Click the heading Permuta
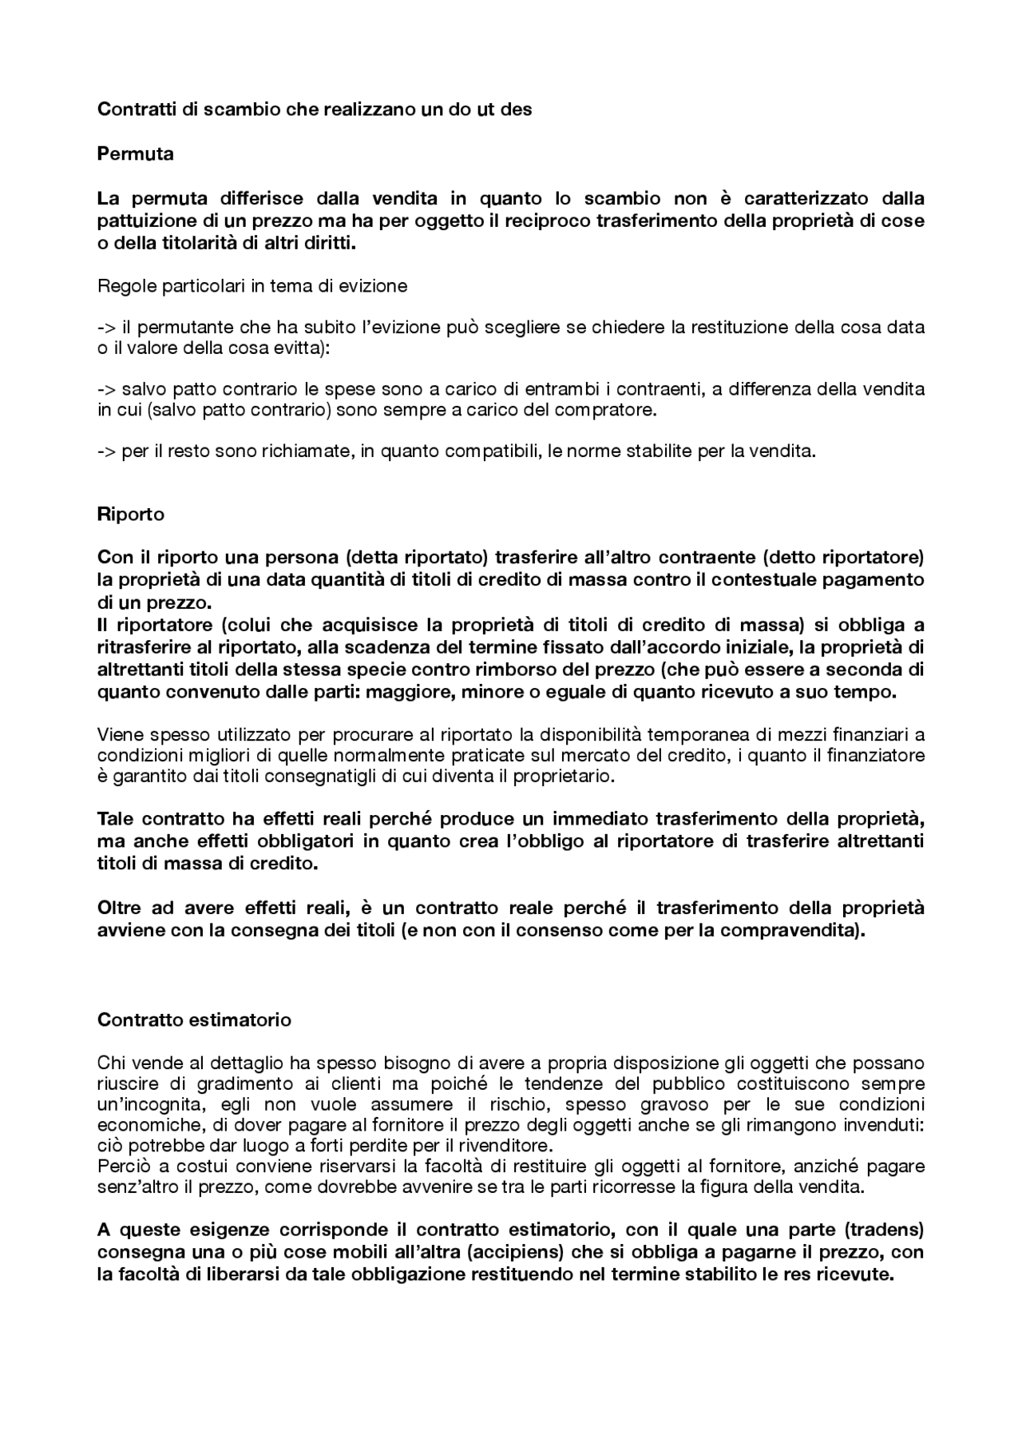[x=135, y=153]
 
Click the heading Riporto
[x=130, y=514]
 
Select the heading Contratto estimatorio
[x=194, y=1020]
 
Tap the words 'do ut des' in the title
[x=489, y=109]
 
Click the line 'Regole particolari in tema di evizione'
[x=252, y=285]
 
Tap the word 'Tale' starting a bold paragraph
[x=117, y=818]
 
